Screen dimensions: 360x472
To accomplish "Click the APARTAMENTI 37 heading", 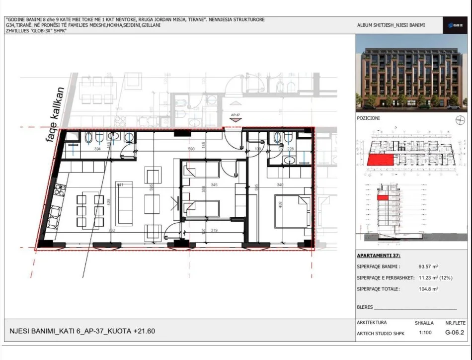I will (379, 256).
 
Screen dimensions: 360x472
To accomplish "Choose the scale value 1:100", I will (425, 333).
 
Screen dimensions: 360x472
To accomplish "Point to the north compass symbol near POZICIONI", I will (459, 120).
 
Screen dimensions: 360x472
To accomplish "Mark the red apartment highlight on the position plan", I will (380, 159).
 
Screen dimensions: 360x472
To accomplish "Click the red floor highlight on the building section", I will (383, 197).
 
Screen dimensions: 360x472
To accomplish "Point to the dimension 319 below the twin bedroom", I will (215, 230).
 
